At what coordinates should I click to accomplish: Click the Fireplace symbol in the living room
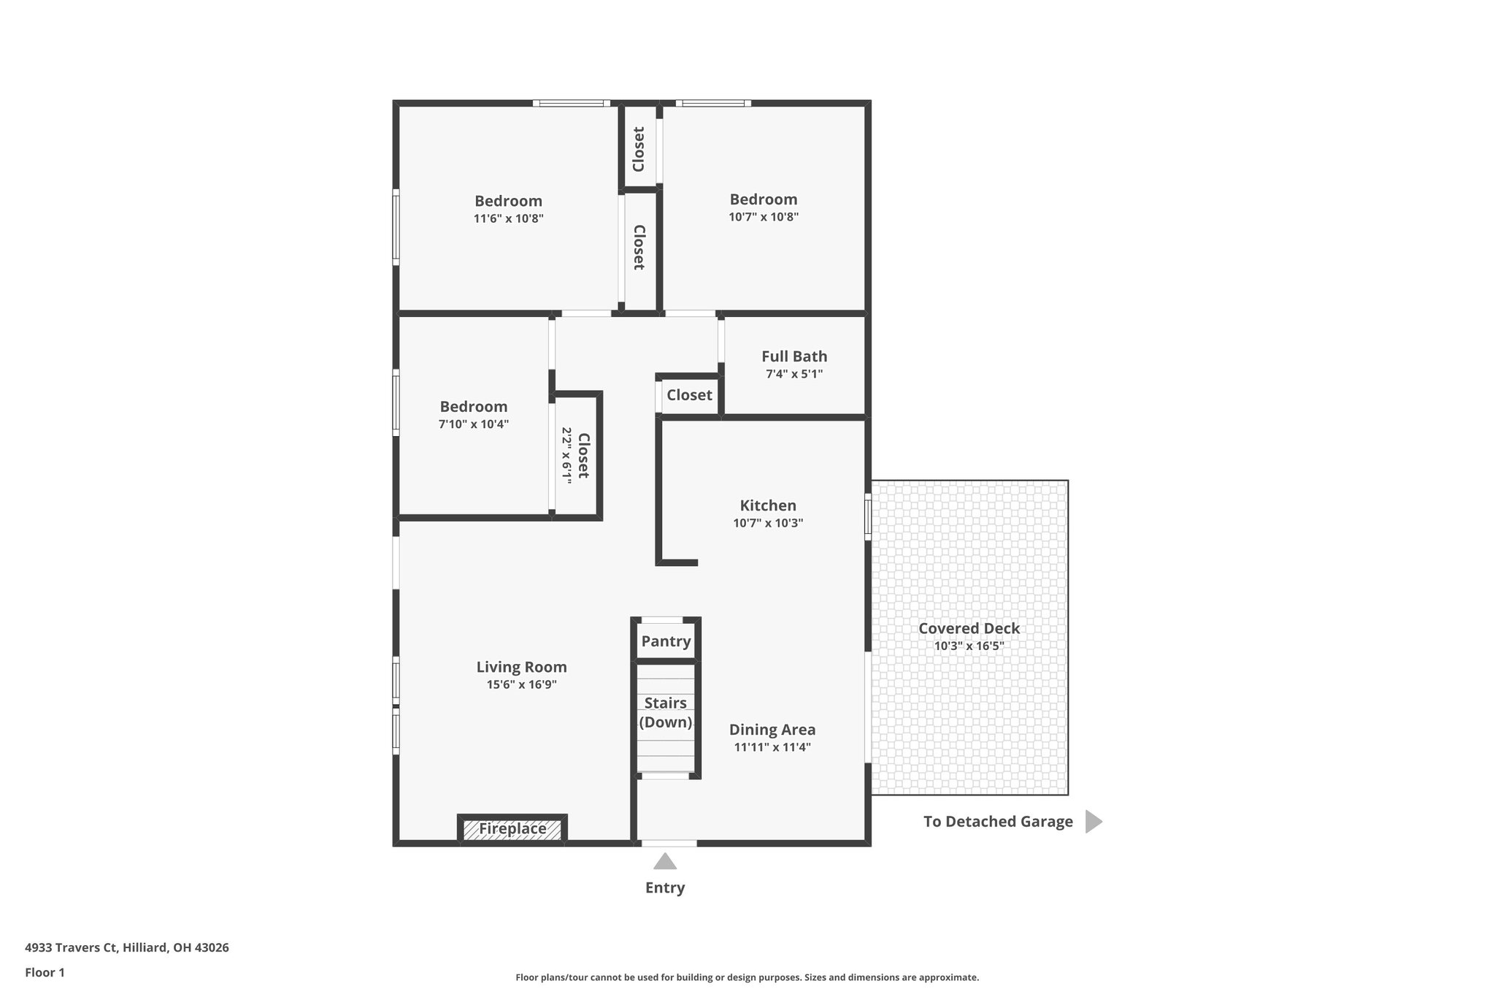click(x=512, y=829)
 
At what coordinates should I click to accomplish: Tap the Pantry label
click(x=666, y=641)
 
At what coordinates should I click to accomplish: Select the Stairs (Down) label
click(x=666, y=713)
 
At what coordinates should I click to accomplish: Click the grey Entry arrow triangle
click(x=664, y=863)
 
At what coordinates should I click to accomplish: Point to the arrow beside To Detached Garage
click(x=1093, y=822)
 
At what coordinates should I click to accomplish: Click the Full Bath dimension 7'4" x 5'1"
click(x=794, y=374)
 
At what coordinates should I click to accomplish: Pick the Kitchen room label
click(x=768, y=505)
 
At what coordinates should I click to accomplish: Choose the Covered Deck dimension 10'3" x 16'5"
click(x=969, y=646)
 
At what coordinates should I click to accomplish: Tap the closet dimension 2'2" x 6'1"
click(x=566, y=454)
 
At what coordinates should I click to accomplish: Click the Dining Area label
click(x=772, y=730)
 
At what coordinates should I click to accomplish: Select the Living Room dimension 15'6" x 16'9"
click(x=521, y=685)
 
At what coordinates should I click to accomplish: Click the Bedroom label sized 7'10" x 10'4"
click(x=473, y=407)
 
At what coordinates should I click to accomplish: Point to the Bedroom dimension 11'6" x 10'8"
click(x=508, y=218)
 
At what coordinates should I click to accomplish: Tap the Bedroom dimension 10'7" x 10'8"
click(x=764, y=217)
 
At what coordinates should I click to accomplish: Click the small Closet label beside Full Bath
click(x=689, y=395)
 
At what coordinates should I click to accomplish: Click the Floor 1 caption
click(x=45, y=972)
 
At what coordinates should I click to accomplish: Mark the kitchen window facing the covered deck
click(x=868, y=517)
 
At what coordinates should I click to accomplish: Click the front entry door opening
click(x=669, y=843)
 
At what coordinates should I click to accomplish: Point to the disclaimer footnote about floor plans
click(x=747, y=977)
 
